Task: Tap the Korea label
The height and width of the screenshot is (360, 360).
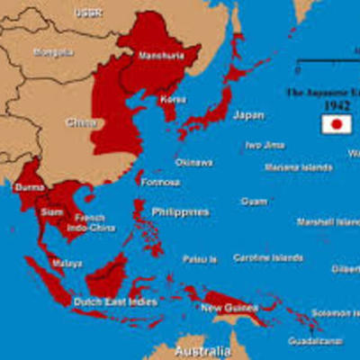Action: click(x=174, y=99)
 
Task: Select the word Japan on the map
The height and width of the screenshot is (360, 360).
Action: click(x=248, y=115)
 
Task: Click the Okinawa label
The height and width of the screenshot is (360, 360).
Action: click(x=193, y=163)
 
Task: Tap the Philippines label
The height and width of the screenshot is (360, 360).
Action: click(x=179, y=212)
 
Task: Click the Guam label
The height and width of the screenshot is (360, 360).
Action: click(x=253, y=202)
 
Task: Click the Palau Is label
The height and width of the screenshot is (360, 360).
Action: click(x=200, y=259)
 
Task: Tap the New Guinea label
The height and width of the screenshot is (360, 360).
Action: click(x=223, y=308)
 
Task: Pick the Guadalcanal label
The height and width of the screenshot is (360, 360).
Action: click(x=315, y=341)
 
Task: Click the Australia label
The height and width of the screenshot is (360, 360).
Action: click(x=202, y=349)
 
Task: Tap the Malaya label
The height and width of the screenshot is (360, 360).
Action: click(x=67, y=264)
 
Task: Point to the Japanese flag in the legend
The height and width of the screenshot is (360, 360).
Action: click(x=336, y=124)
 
